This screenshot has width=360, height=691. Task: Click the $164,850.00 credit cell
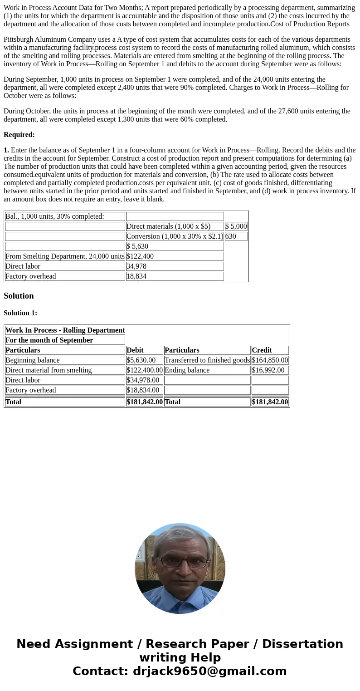pos(270,360)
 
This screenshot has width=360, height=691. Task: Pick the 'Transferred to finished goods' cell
pos(207,360)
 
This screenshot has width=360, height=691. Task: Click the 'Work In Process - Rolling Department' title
pos(65,330)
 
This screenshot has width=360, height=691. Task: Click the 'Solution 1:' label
pos(20,313)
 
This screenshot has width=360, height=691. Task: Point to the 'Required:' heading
pos(19,135)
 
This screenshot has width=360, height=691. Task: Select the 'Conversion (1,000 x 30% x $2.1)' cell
pos(175,236)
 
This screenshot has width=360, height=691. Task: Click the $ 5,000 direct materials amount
pos(236,226)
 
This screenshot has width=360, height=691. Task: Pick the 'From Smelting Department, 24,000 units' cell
pos(65,256)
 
